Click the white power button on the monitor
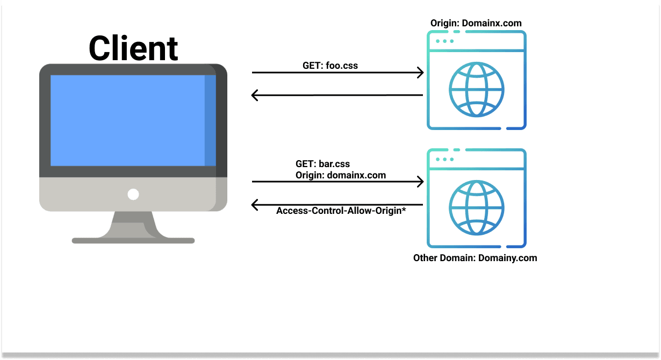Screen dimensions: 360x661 [133, 195]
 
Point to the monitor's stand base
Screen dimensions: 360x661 [133, 240]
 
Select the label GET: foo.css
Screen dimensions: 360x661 [330, 66]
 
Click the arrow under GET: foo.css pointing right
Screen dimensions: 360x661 [337, 73]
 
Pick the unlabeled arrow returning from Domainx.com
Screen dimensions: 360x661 [337, 96]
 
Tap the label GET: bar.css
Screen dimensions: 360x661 [323, 164]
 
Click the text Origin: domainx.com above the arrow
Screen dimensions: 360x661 [341, 175]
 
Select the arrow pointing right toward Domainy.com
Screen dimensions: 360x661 [337, 182]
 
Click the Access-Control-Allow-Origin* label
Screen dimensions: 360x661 [341, 211]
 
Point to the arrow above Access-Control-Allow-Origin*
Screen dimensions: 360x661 [337, 205]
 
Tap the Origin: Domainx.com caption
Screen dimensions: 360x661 [476, 23]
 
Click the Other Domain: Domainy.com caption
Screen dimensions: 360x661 [475, 258]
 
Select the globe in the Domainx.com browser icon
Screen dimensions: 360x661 [477, 90]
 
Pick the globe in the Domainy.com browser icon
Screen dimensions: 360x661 [477, 208]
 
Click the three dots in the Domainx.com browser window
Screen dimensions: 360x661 [444, 41]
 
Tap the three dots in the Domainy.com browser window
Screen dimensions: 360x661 [444, 160]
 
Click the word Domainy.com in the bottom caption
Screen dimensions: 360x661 [509, 258]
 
